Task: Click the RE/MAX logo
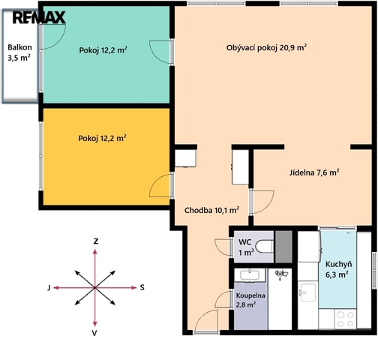[39, 18]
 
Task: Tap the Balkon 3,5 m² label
[19, 52]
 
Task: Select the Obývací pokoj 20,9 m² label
[266, 47]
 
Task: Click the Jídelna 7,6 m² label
[314, 172]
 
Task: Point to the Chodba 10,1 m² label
[211, 210]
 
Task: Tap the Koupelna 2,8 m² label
[250, 300]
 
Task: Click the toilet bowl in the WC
[265, 246]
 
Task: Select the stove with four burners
[346, 319]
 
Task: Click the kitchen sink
[307, 292]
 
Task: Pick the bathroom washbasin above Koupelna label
[250, 275]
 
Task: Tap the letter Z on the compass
[95, 241]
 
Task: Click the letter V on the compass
[94, 333]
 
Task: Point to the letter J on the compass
[49, 288]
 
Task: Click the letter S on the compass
[142, 287]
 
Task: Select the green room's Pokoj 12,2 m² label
[103, 50]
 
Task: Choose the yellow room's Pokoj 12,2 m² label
[102, 138]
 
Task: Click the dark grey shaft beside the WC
[283, 247]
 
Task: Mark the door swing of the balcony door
[58, 41]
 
